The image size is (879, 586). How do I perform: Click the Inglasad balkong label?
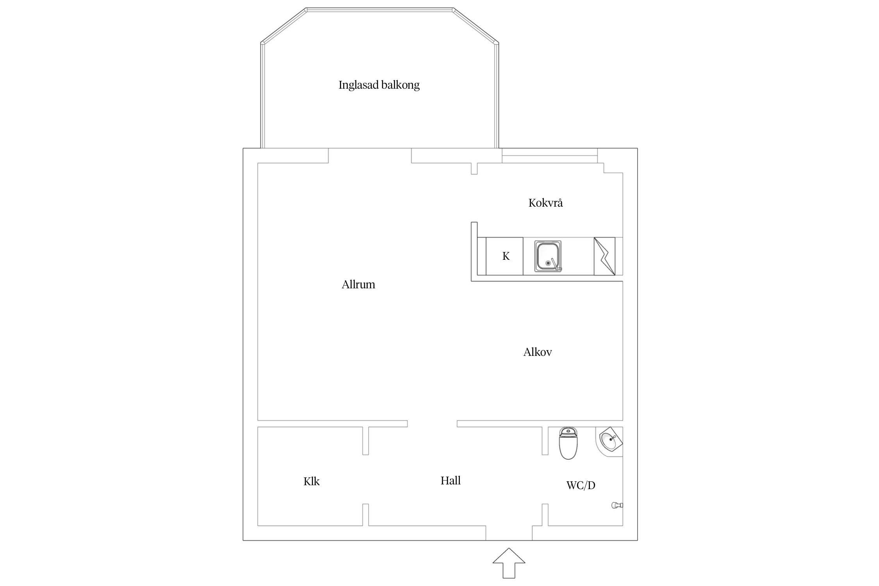[379, 85]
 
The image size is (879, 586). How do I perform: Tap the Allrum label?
[358, 284]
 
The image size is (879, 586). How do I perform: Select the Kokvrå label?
[545, 202]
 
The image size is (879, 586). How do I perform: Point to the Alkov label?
[538, 352]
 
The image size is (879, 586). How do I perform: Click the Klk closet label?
[311, 481]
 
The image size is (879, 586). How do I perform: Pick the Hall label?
[450, 481]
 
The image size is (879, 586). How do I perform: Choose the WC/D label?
[581, 485]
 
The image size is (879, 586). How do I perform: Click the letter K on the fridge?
[506, 256]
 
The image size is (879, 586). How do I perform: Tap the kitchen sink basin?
[548, 256]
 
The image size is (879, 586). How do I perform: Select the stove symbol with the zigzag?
[604, 256]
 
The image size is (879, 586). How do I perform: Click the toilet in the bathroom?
[568, 443]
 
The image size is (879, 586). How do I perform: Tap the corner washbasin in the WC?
[609, 442]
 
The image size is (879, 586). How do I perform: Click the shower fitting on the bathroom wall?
[617, 505]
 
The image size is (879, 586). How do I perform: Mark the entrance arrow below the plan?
[509, 563]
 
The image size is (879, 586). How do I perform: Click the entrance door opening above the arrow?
[509, 533]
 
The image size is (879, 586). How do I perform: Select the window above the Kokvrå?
[550, 155]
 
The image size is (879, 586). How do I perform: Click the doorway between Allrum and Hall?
[432, 424]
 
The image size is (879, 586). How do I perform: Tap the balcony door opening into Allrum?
[370, 155]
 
